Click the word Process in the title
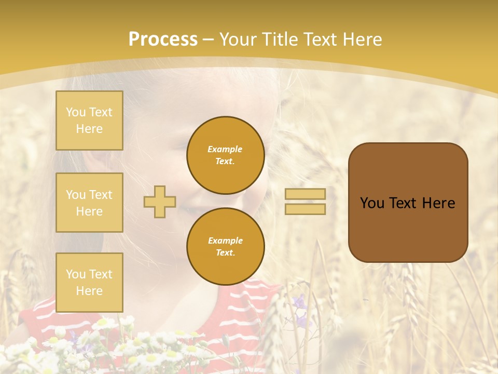163,39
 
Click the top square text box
89,121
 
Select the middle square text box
89,203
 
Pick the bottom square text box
89,283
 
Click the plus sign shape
160,202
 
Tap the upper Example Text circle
225,155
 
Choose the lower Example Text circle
225,247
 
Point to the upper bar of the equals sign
305,194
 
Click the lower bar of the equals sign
305,209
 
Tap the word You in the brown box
372,203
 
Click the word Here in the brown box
438,203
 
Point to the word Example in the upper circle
225,149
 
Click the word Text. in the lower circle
225,253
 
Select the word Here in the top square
89,129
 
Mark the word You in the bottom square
76,274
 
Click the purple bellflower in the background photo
300,301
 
